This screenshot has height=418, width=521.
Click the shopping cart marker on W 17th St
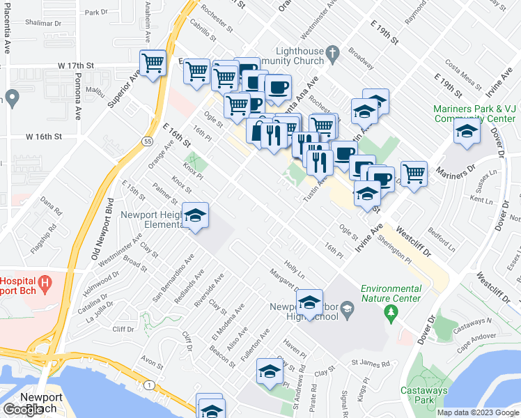pos(153,64)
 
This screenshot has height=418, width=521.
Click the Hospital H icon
pos(45,284)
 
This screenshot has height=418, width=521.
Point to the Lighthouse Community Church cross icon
pos(332,52)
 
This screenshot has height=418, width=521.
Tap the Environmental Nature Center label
pos(391,293)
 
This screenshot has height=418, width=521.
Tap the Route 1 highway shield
pos(149,385)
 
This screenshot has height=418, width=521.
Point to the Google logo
pos(22,410)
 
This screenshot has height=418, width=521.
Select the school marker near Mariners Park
pos(467,131)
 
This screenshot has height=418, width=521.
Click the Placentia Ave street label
pos(6,35)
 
